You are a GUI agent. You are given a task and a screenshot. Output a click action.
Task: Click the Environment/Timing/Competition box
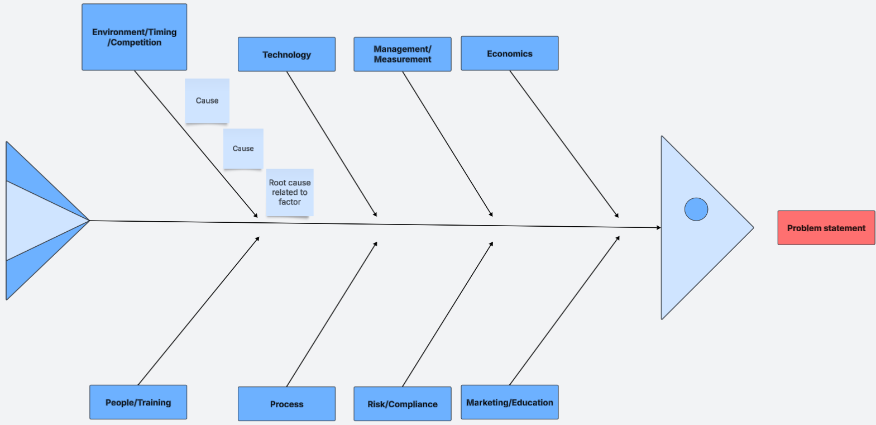[134, 37]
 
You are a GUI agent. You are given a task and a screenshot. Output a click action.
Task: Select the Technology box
[286, 54]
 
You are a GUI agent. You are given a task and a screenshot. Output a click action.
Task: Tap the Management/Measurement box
[402, 54]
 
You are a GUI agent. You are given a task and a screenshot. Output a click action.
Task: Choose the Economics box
[509, 54]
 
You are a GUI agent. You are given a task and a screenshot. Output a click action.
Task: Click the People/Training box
[138, 402]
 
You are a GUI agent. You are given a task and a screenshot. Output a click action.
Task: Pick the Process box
[286, 404]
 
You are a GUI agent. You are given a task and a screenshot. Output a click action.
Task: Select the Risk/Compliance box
[402, 404]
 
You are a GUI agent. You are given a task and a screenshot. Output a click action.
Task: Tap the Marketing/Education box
[509, 402]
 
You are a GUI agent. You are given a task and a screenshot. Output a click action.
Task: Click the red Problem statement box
[826, 228]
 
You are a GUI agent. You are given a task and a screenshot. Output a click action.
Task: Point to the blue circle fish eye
[696, 209]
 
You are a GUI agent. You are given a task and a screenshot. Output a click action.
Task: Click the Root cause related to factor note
[289, 192]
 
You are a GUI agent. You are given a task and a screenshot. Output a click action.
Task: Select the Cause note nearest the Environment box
[207, 101]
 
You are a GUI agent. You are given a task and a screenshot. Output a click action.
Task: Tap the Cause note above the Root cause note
[243, 149]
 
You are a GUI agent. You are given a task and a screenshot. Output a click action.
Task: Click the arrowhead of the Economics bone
[617, 216]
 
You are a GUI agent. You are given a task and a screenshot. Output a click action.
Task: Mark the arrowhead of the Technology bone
[376, 215]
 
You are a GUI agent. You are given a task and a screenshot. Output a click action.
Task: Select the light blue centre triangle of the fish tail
[39, 221]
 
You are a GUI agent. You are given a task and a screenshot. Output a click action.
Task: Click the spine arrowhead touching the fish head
[659, 227]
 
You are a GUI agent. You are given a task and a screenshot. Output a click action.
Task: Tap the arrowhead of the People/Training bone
[258, 238]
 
